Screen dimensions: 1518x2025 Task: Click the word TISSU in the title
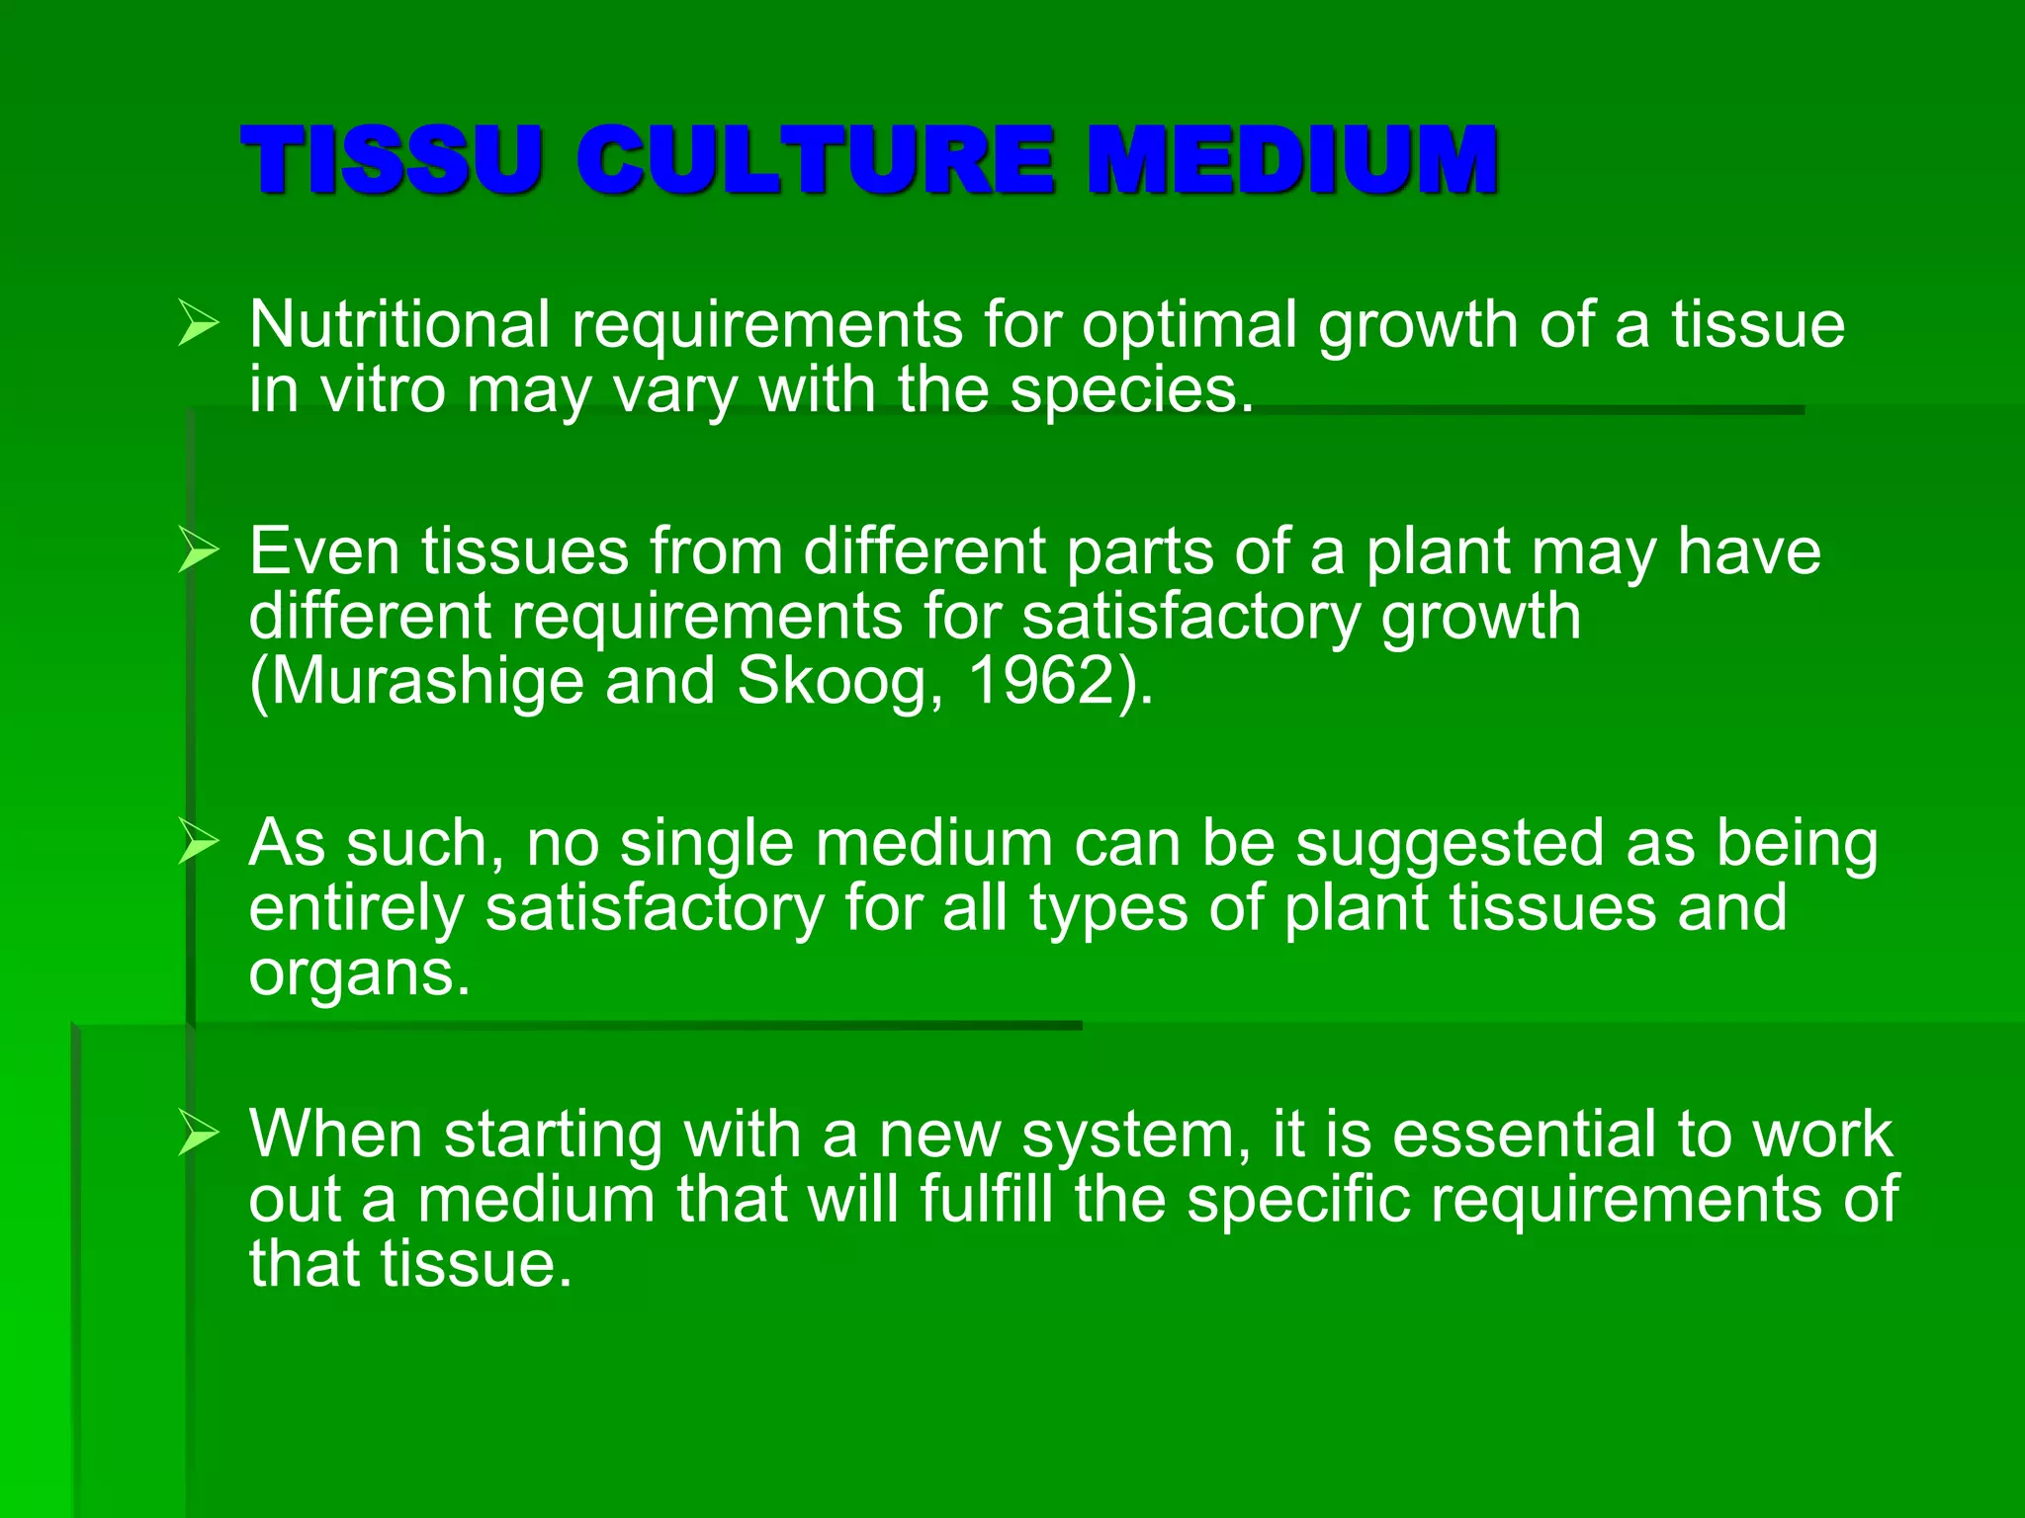point(392,159)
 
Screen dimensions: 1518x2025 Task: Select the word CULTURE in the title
point(815,159)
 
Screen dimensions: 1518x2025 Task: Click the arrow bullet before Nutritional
point(198,324)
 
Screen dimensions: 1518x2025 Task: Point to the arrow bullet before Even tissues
point(198,550)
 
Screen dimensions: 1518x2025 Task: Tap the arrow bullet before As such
point(198,843)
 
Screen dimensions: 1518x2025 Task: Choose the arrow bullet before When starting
point(198,1134)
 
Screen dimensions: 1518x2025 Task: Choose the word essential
point(1524,1134)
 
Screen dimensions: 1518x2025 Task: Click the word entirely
point(356,910)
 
